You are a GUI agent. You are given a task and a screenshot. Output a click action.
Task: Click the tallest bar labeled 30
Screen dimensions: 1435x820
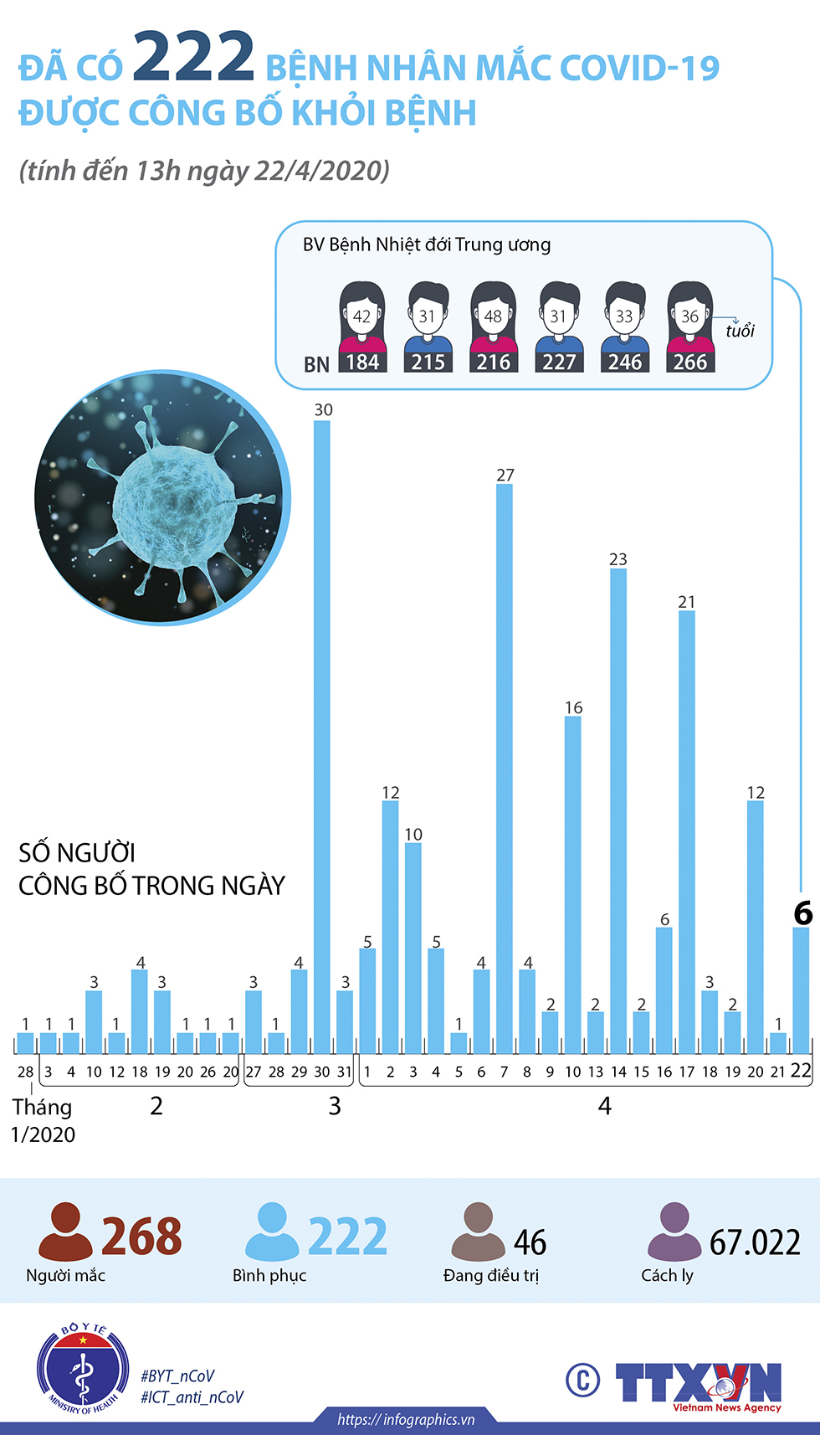[322, 737]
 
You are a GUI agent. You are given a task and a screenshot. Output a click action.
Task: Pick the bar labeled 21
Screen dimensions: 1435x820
[687, 832]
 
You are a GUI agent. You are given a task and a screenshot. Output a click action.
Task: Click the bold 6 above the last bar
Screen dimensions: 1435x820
[802, 913]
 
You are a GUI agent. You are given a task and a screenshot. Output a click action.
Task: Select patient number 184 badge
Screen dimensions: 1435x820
[362, 363]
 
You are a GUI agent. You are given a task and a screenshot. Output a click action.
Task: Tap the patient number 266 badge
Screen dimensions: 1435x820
[690, 363]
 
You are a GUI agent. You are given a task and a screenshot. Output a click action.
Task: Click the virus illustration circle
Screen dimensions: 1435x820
[162, 498]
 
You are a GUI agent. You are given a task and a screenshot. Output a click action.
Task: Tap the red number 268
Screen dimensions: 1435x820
[141, 1237]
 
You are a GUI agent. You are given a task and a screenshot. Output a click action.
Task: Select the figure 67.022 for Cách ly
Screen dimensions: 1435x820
[755, 1242]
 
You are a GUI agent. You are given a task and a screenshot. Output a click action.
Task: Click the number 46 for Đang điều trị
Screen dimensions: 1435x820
[530, 1243]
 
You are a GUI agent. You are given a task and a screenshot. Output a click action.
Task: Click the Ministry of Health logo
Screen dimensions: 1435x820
[82, 1369]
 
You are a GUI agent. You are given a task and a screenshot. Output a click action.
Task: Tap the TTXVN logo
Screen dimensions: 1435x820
[698, 1383]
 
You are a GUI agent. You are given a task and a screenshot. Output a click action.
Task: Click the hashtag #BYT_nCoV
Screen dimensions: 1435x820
[177, 1376]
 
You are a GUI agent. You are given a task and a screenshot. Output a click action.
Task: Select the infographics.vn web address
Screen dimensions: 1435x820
[406, 1419]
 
